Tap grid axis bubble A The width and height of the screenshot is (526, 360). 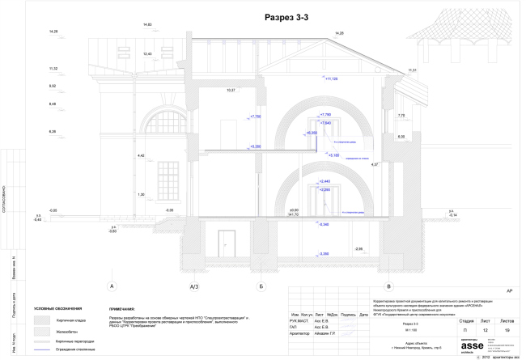[x=112, y=286]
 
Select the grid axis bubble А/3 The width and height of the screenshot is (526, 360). [x=193, y=286]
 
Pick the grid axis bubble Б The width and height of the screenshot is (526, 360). [x=261, y=286]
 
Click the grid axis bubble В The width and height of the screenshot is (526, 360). [x=389, y=286]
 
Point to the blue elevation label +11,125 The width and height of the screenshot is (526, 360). [x=331, y=79]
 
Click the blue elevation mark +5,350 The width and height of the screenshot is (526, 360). [x=255, y=146]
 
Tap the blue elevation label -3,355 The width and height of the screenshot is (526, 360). [x=324, y=254]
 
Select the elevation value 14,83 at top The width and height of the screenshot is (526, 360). [x=147, y=25]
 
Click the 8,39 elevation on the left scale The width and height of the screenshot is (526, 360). [x=53, y=131]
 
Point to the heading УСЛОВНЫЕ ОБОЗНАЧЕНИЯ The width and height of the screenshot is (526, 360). [x=60, y=308]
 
